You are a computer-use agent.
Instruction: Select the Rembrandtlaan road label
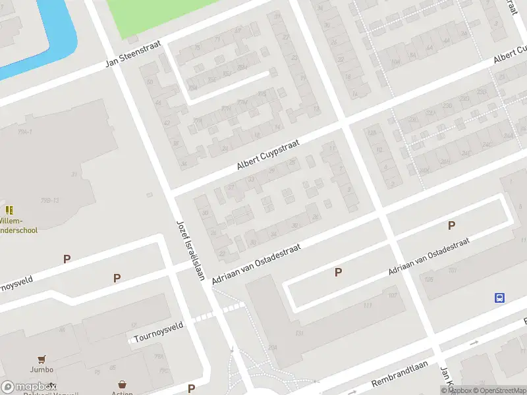tap(400, 374)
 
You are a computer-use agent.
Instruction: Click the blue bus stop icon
tap(499, 298)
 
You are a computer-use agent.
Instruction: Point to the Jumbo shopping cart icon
tap(42, 359)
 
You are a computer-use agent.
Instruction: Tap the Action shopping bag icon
tap(122, 384)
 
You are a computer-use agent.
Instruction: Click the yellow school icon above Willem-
tap(9, 210)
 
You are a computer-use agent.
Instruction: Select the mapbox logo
tap(29, 386)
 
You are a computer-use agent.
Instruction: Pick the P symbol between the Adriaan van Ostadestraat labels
tap(339, 272)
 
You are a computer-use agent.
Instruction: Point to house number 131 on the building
tap(300, 334)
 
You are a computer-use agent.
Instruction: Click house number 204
tap(272, 347)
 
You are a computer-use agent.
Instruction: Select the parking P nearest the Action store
tap(191, 388)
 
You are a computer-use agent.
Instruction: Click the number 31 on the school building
tap(74, 174)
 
